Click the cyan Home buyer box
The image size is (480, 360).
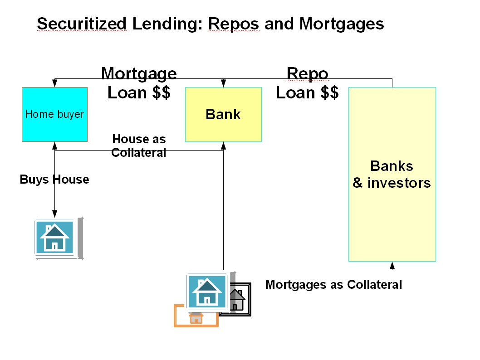[x=54, y=114]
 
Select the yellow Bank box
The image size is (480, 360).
[x=223, y=114]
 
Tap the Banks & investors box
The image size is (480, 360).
[x=392, y=174]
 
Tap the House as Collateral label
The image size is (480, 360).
[x=139, y=146]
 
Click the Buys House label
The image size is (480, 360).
[x=54, y=180]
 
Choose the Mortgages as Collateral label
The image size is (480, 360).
[x=333, y=285]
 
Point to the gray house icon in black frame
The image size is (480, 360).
[x=236, y=299]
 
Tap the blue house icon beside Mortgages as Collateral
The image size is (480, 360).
[x=207, y=292]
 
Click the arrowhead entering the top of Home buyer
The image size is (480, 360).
[x=54, y=84]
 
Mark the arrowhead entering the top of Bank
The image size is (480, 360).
[x=223, y=84]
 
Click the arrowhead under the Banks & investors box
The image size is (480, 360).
[x=392, y=265]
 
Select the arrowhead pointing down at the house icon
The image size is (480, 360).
[x=54, y=214]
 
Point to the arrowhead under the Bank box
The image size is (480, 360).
[x=223, y=145]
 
